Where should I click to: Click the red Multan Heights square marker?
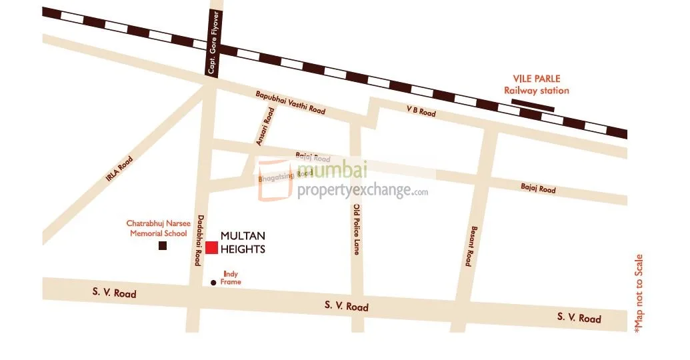coord(211,247)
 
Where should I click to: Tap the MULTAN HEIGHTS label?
coord(243,243)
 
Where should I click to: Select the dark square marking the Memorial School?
coord(162,246)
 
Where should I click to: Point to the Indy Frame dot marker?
coord(213,283)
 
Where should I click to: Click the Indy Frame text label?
coord(231,278)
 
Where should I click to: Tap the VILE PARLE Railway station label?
coord(536,85)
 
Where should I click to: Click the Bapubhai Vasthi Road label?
coord(291,103)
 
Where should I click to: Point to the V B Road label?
coord(421,111)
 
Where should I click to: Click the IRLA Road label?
coord(120,169)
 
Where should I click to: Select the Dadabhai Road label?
coord(198,239)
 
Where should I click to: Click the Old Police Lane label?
coord(358,229)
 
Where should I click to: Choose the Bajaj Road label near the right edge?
coord(538,189)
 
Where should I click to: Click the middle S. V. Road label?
coord(346,306)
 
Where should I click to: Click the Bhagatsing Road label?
coord(285,176)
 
